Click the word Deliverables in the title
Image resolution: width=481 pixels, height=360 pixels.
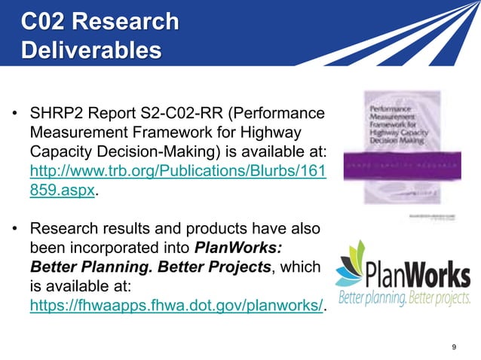pyautogui.click(x=91, y=50)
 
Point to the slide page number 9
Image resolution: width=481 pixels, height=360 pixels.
pyautogui.click(x=453, y=346)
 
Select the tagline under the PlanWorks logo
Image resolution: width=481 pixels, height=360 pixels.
pyautogui.click(x=403, y=297)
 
